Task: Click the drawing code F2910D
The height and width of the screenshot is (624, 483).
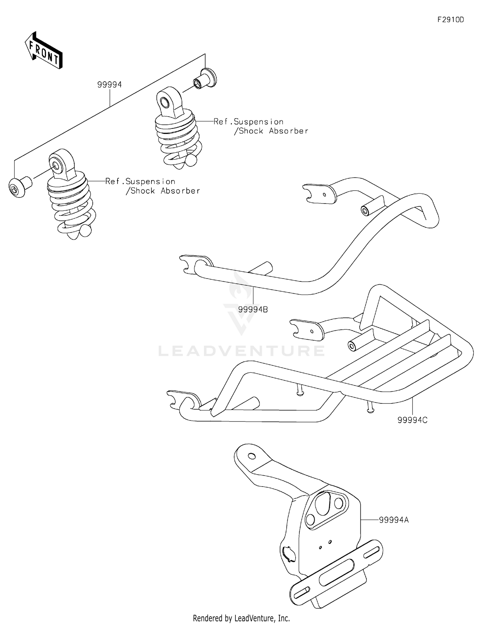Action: pos(450,20)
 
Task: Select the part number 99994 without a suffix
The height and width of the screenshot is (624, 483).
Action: pos(109,85)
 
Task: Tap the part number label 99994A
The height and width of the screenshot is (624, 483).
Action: pos(393,520)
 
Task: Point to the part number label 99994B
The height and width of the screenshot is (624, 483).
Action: pos(253,309)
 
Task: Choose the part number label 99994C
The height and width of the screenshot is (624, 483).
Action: pos(412,420)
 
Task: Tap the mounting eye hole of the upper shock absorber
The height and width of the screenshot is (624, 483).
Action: pos(165,103)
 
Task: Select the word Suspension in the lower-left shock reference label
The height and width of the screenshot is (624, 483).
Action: pos(150,182)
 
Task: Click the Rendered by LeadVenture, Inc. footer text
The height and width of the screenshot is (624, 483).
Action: pos(241,618)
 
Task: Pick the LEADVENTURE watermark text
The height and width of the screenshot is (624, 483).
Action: pos(241,351)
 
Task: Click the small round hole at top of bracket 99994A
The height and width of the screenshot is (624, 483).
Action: pos(252,456)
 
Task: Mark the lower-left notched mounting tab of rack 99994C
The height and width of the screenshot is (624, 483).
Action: pos(183,399)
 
